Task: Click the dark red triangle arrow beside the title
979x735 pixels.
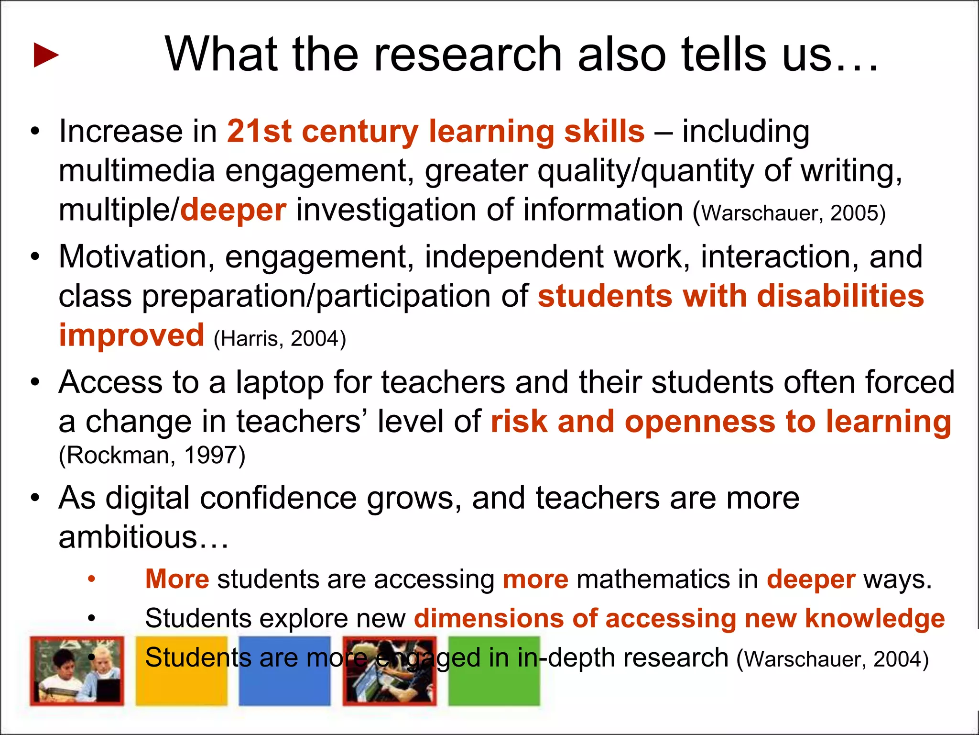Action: [46, 55]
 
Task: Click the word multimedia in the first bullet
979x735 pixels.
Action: [137, 171]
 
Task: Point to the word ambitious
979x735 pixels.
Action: [128, 537]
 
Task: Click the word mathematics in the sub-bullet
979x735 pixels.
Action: [653, 579]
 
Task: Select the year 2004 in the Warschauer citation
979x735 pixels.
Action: [897, 659]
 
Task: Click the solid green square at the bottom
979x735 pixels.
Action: [494, 671]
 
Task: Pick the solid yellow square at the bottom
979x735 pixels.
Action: [181, 671]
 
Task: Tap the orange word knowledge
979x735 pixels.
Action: [875, 618]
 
